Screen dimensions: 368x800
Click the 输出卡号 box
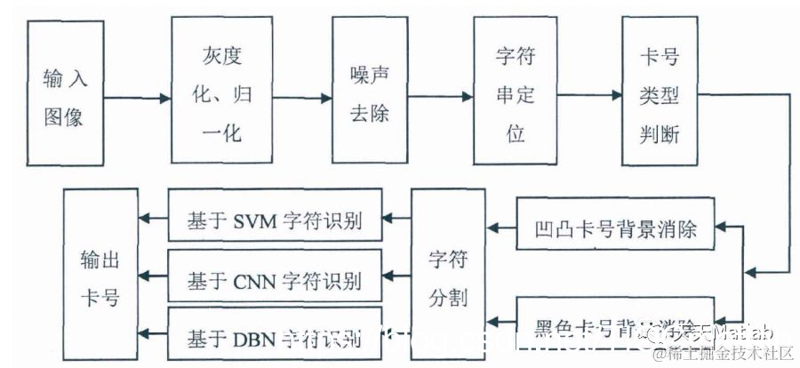point(100,273)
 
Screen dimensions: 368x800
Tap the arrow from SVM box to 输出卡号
point(153,218)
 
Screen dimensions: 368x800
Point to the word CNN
point(256,281)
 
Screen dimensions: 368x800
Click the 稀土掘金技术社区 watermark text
point(722,355)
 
